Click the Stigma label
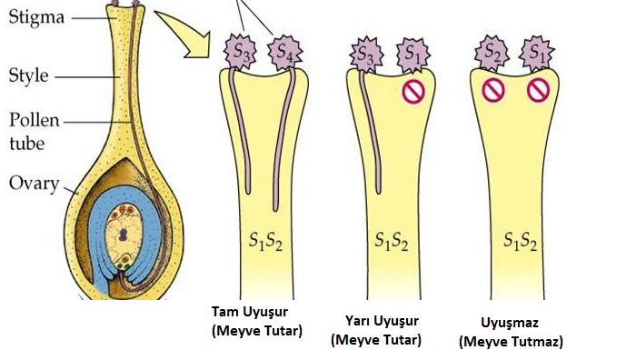click(36, 18)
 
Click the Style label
click(29, 75)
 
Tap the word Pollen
click(35, 120)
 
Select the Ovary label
click(34, 185)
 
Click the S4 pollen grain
click(284, 52)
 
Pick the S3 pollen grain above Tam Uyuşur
click(240, 52)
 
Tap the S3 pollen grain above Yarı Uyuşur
click(366, 55)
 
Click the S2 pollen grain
click(492, 53)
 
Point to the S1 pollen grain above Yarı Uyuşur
click(413, 55)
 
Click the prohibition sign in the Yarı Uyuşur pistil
click(413, 92)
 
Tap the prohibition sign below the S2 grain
click(493, 90)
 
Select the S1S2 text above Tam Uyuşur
click(265, 241)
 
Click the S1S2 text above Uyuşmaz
click(520, 241)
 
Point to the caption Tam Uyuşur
click(250, 312)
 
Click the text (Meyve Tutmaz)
click(511, 342)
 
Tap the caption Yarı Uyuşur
click(383, 321)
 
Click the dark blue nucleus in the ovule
click(124, 235)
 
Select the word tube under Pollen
click(26, 144)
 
